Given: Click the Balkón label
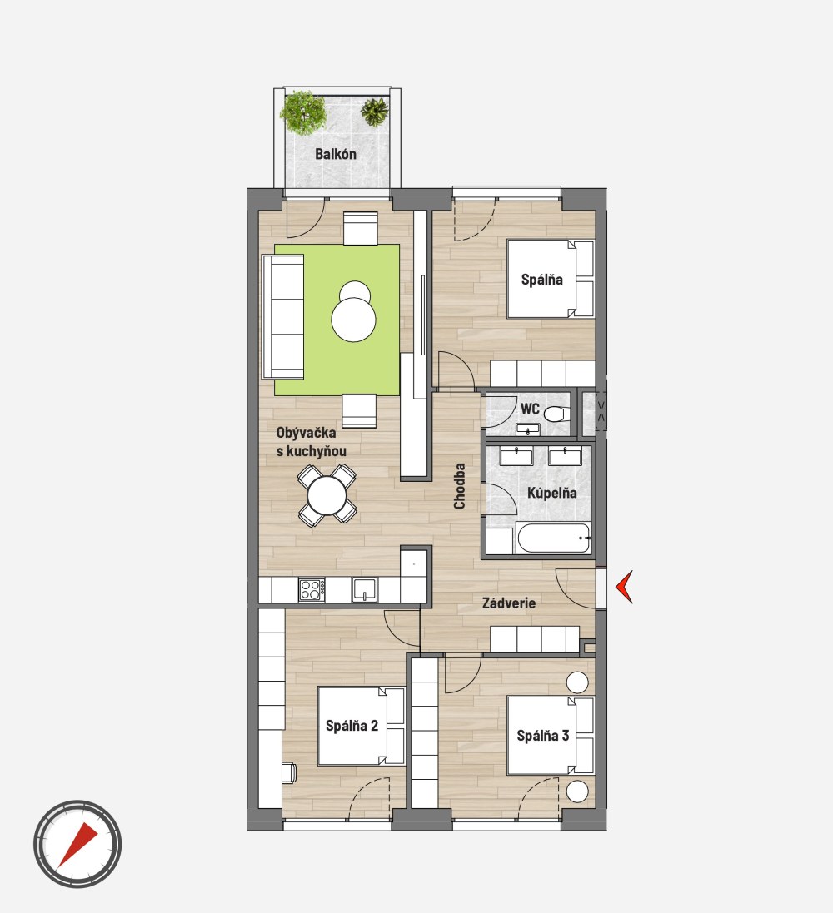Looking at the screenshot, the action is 335,154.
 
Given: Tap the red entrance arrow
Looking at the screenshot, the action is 624,587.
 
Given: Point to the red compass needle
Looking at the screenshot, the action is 77,844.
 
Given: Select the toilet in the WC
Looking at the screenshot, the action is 555,414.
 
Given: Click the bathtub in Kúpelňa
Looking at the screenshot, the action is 553,538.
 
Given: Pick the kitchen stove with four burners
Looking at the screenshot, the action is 312,589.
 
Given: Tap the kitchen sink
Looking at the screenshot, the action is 365,589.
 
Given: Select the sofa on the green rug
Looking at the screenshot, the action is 283,316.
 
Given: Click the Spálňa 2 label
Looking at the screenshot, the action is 352,726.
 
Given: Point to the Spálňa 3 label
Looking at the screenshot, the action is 543,736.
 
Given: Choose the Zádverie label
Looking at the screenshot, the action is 509,603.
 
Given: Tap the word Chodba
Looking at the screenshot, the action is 460,486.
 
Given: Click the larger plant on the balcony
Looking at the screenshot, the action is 302,112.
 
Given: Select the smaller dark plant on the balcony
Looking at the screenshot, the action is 374,112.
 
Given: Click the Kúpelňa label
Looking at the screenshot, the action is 552,494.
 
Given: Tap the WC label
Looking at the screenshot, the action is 530,409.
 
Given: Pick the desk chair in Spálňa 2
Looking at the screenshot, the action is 290,772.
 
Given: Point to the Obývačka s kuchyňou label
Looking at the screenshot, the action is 312,442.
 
